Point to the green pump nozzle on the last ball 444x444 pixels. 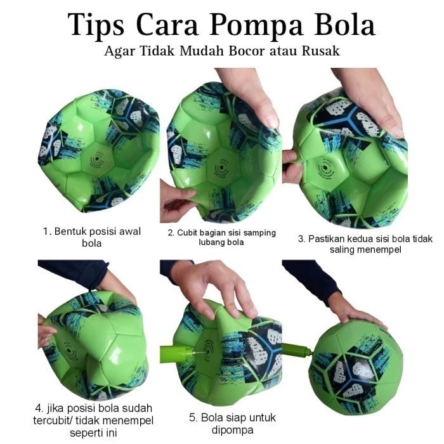coord(297,349)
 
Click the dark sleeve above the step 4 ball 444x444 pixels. coord(73,270)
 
